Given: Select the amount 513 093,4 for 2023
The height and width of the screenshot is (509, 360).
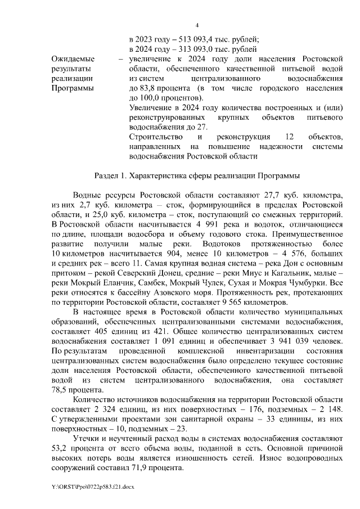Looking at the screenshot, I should pos(196,39).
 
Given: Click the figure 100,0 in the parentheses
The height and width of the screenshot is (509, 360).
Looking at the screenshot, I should pos(151,98).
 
